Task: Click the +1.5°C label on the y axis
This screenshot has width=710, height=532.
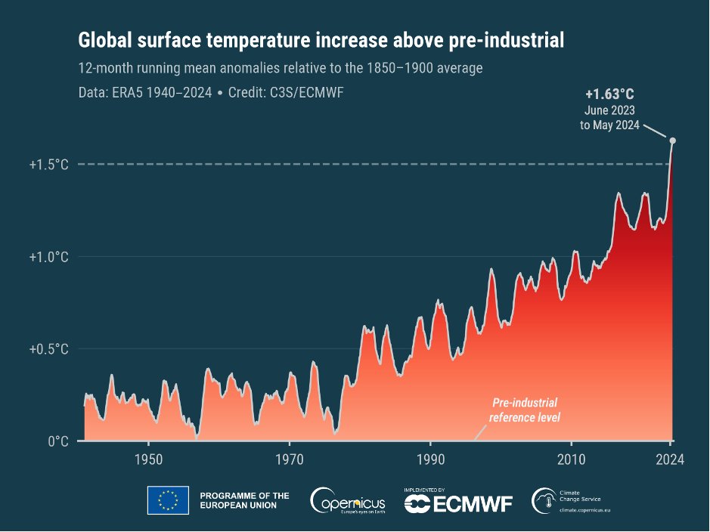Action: tap(49, 165)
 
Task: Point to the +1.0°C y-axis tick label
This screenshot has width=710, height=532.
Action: tap(49, 257)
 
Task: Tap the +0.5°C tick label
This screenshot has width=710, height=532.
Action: tap(49, 349)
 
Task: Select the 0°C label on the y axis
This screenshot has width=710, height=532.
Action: tap(57, 441)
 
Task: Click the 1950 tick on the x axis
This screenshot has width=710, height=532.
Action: tap(148, 460)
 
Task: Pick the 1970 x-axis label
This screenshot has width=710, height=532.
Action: tap(290, 460)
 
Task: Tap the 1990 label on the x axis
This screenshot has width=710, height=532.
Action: tap(430, 460)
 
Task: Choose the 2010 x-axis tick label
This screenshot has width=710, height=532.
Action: tap(571, 460)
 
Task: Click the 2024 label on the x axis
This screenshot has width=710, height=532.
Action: tap(670, 460)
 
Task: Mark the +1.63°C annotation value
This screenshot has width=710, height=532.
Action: tap(609, 95)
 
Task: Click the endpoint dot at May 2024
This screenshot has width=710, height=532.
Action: tap(673, 141)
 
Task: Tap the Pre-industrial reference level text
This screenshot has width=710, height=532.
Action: tap(525, 410)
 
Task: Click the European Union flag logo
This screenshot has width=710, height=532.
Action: tap(168, 500)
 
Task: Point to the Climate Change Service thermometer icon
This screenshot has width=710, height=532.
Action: tap(543, 499)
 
